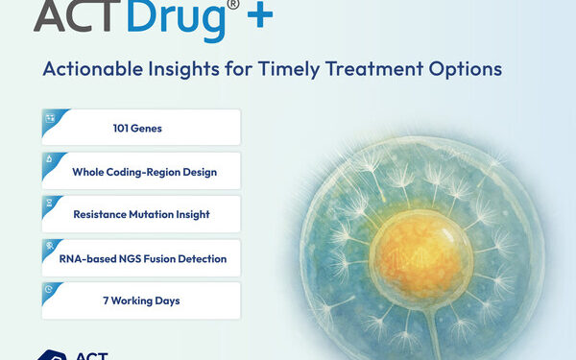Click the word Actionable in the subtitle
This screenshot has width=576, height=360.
[91, 70]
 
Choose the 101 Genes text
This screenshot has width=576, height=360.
[141, 128]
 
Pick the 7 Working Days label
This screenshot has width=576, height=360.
[141, 300]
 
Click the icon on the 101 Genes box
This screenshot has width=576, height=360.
[50, 117]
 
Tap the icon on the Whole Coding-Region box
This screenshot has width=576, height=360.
[50, 160]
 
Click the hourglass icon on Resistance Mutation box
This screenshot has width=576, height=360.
[50, 204]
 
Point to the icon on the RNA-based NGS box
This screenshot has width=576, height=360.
[50, 247]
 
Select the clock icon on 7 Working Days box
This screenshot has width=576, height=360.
[50, 290]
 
